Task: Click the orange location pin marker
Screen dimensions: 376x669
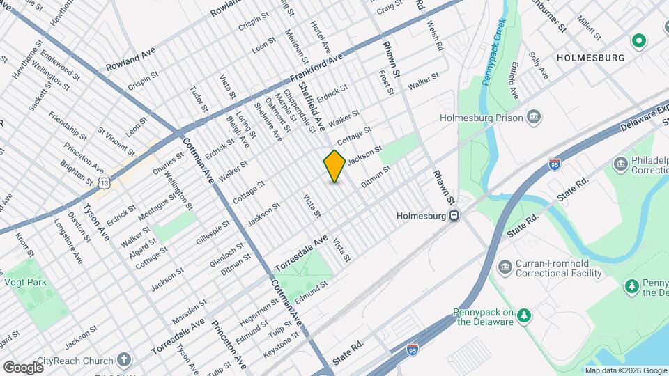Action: tap(334, 166)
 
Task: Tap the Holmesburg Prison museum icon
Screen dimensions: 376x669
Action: tap(535, 116)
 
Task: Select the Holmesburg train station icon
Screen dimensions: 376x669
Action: tap(454, 215)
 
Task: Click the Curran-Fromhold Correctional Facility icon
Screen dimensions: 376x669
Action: tap(505, 267)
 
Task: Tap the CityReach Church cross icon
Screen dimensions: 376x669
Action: tap(124, 360)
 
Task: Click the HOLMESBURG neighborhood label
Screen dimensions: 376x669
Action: tap(590, 58)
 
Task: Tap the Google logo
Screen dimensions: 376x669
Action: tap(23, 367)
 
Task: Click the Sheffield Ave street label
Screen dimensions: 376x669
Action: tap(312, 105)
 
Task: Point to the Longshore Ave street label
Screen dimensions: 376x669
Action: tap(68, 242)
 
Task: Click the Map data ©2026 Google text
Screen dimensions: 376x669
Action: tap(626, 370)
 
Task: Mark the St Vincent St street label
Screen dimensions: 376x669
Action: tap(116, 140)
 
